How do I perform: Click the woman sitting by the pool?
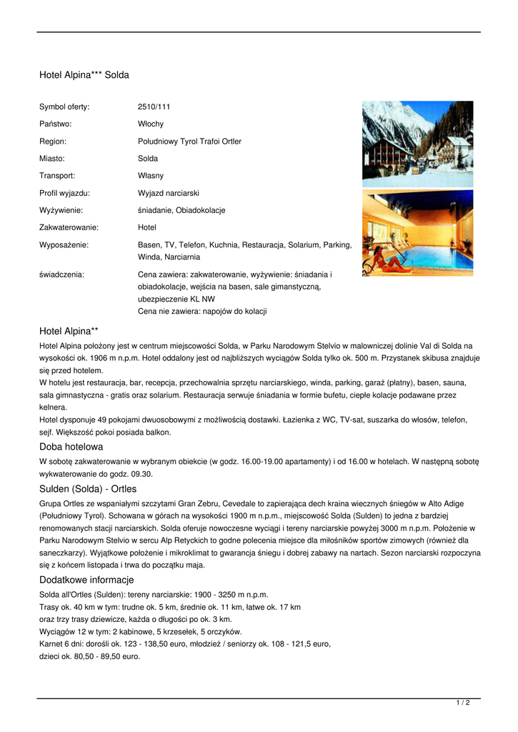[x=382, y=263]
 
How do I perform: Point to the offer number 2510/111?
[x=154, y=107]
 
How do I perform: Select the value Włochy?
[x=150, y=124]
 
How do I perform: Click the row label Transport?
[x=57, y=175]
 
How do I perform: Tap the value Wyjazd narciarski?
[x=168, y=193]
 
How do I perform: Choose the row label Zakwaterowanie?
[x=69, y=227]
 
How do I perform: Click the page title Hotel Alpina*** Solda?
[x=84, y=74]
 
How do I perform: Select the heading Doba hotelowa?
[x=71, y=447]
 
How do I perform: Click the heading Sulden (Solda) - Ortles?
[x=87, y=489]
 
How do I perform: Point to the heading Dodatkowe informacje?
[x=86, y=580]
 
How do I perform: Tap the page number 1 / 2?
[x=463, y=703]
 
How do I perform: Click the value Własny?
[x=150, y=175]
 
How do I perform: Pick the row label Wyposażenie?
[x=63, y=244]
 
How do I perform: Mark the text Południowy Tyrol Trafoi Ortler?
[x=189, y=141]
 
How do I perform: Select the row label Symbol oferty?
[x=64, y=107]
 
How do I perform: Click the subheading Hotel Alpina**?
[x=69, y=331]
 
